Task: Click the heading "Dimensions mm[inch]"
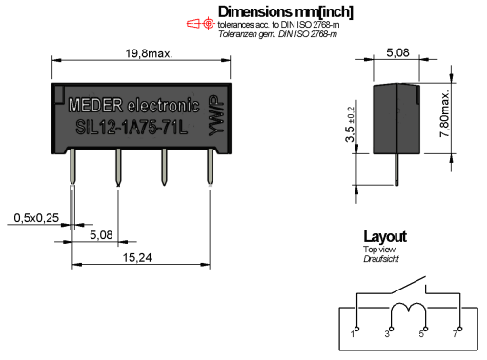click(x=285, y=12)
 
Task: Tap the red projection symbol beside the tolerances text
click(x=200, y=24)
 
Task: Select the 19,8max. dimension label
click(x=150, y=53)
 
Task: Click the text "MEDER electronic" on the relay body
click(x=134, y=105)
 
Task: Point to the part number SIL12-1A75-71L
click(x=132, y=128)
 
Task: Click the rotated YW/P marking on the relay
click(x=216, y=115)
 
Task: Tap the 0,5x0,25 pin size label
click(x=36, y=218)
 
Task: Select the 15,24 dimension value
click(x=137, y=257)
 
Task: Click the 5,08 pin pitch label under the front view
click(x=101, y=235)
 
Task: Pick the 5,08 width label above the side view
click(x=397, y=52)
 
